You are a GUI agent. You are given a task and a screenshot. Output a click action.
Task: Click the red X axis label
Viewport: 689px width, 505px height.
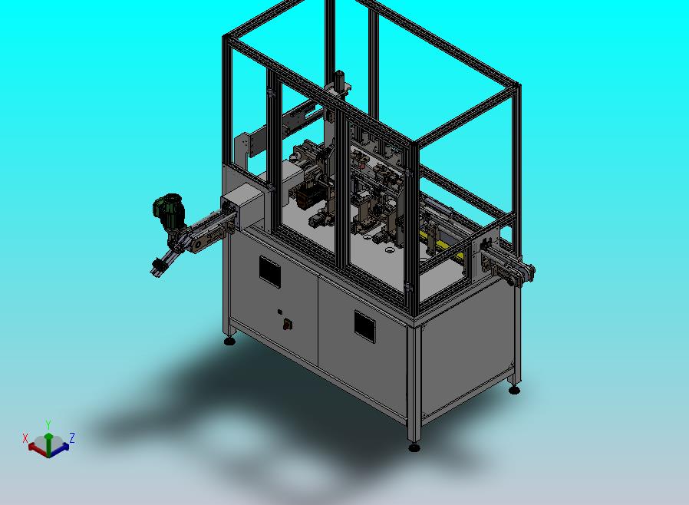pos(25,438)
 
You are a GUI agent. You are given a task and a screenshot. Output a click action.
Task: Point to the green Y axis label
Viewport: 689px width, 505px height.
pos(48,424)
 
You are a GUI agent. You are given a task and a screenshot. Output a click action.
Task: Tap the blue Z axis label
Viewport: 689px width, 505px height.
pos(72,437)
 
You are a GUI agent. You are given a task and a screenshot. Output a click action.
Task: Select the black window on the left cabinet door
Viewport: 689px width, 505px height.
pos(270,272)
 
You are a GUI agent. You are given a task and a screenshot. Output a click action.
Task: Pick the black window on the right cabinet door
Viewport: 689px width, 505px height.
pos(365,326)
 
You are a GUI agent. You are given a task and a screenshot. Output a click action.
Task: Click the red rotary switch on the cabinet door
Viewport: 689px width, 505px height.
pos(288,325)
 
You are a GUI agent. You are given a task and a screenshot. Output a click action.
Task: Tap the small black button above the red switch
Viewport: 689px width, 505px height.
pos(279,312)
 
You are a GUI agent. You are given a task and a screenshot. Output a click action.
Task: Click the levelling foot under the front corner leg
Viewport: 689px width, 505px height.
pos(414,447)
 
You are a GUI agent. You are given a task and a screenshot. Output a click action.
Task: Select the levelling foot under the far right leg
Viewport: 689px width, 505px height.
pos(513,390)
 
